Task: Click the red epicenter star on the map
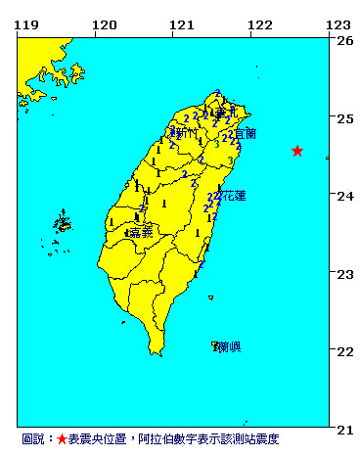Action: (297, 151)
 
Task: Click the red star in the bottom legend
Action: (62, 440)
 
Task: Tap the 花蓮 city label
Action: (234, 196)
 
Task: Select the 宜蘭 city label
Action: (246, 134)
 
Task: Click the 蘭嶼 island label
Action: (230, 347)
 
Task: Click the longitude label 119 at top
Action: (27, 24)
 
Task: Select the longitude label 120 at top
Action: (103, 24)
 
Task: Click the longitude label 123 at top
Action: (337, 24)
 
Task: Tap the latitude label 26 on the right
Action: (345, 41)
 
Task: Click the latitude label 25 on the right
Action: (345, 118)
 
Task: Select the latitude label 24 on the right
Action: (345, 196)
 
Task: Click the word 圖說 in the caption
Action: (32, 440)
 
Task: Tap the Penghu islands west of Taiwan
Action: (62, 224)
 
